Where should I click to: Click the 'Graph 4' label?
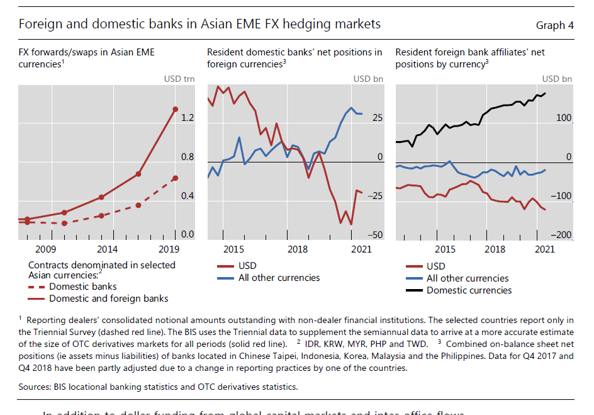[554, 25]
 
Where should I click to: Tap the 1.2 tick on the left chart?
[187, 118]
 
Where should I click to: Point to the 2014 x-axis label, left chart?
[107, 249]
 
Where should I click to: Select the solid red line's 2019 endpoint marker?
[175, 109]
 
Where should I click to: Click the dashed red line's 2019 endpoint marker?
[175, 178]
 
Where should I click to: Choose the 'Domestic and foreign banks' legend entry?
[108, 298]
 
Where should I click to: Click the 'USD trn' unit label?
[179, 79]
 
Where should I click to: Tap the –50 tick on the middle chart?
[374, 235]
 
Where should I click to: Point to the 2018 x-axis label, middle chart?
[297, 249]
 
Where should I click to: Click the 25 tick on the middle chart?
[377, 118]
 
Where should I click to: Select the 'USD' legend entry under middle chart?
[247, 266]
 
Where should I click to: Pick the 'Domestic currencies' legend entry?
[469, 290]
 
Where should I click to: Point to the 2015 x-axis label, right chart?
[445, 249]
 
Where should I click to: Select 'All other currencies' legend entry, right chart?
[468, 278]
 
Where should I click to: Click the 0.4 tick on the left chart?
[187, 196]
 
